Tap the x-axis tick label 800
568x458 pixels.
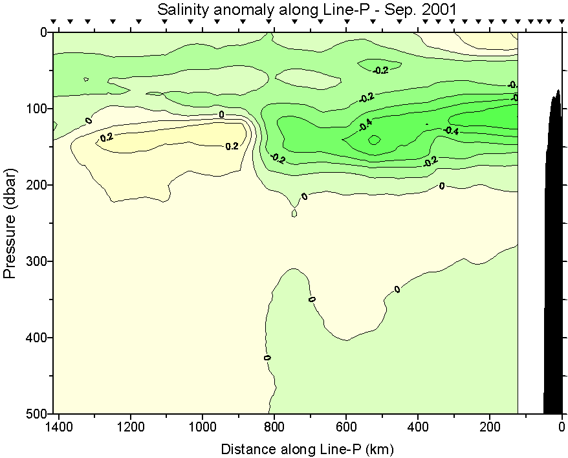point(274,428)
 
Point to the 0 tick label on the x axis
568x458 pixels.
point(562,428)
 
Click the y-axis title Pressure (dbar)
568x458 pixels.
point(10,223)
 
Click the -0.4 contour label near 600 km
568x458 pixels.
point(366,123)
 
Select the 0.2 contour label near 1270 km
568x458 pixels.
point(106,137)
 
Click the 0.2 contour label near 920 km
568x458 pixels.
point(232,146)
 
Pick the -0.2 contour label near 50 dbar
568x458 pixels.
point(381,70)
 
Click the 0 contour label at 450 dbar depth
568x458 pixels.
point(267,357)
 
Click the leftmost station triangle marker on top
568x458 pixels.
point(54,21)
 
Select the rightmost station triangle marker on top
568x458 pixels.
point(561,21)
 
